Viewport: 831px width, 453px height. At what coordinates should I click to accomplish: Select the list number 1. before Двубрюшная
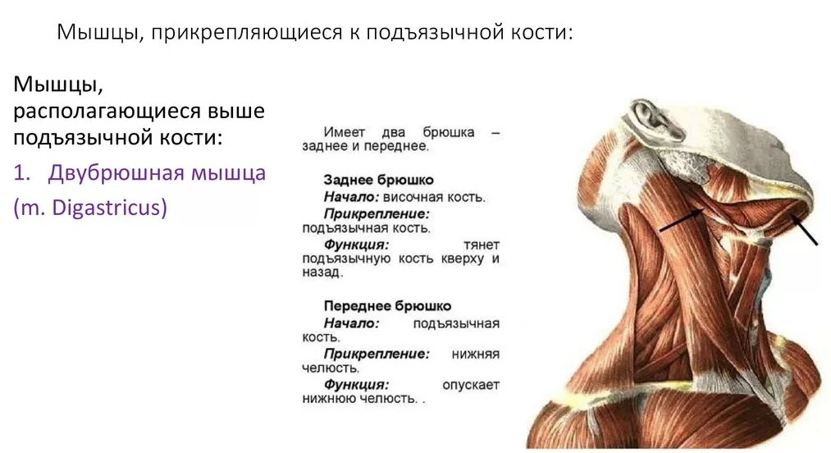[22, 173]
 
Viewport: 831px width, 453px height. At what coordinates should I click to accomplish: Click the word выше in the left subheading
[235, 112]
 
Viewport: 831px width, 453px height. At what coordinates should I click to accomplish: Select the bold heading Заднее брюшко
[378, 181]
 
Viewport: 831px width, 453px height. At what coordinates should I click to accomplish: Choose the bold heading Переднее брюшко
[387, 306]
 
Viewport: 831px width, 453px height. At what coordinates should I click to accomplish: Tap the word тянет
[482, 245]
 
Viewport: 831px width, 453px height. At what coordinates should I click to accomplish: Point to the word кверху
[462, 259]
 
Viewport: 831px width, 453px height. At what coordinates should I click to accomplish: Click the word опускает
[471, 385]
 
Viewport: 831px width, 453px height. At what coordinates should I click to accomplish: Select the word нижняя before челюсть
[476, 355]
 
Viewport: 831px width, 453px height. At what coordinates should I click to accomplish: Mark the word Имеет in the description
[345, 132]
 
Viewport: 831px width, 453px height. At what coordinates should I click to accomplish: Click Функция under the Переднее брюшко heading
[356, 385]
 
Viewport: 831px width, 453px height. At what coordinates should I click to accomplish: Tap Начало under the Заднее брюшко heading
[351, 197]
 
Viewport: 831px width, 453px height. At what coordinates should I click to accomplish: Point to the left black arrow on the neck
[682, 221]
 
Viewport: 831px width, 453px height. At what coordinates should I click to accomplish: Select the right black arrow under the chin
[804, 229]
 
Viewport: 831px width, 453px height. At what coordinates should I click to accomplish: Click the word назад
[322, 272]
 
